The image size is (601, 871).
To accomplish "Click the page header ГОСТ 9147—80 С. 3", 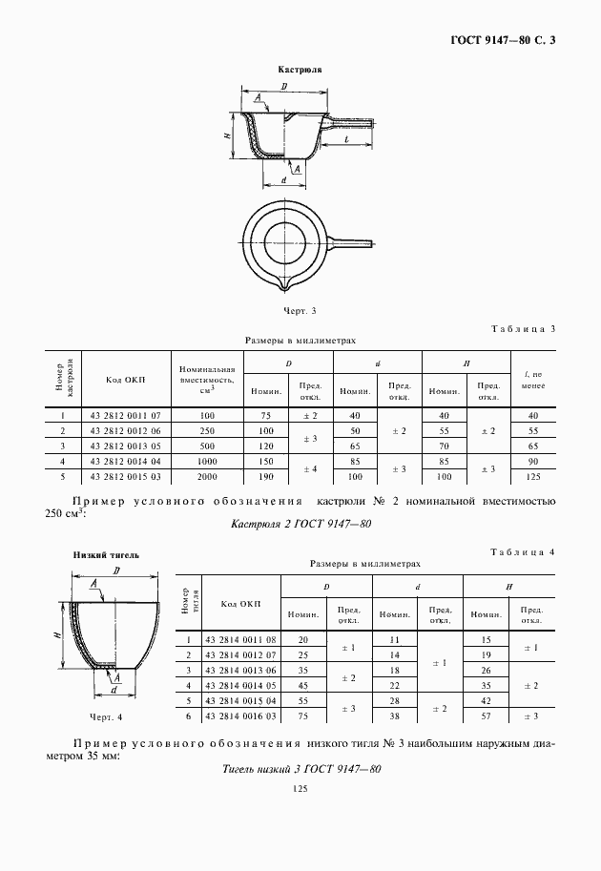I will (x=506, y=40).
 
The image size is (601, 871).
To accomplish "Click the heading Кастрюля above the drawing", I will (x=299, y=71).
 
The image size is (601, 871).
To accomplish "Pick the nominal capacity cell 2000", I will (x=207, y=475).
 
